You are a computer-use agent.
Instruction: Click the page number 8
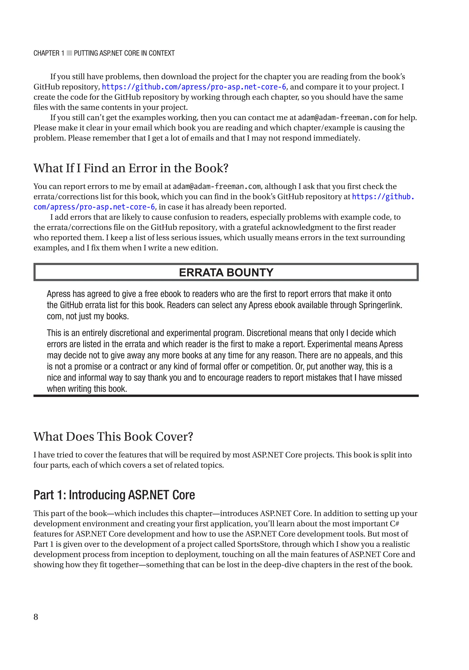pos(35,617)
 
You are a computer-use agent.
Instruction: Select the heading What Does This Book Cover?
pos(113,436)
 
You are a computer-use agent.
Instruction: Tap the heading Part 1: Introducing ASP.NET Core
pos(114,495)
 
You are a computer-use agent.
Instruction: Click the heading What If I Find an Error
pos(131,168)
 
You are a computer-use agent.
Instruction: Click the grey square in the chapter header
pos(69,53)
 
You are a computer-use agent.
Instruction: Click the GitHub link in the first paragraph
pos(194,87)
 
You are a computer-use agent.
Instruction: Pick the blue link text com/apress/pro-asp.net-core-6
pos(94,207)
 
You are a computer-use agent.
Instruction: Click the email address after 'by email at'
pos(217,186)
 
